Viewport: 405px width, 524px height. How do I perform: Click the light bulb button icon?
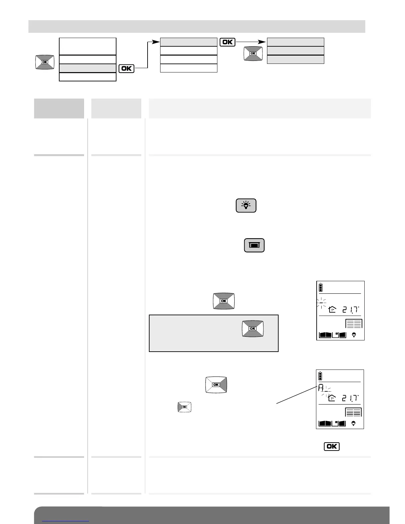point(246,205)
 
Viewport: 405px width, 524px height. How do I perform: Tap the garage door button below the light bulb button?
point(254,245)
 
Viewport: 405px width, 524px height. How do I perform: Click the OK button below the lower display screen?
point(332,446)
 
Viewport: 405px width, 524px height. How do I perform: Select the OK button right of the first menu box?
point(126,68)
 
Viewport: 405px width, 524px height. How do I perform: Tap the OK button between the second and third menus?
point(227,42)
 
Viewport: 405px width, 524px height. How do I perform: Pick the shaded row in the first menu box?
point(88,68)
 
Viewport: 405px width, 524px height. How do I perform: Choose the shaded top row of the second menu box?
point(189,42)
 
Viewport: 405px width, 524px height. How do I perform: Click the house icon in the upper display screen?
point(332,310)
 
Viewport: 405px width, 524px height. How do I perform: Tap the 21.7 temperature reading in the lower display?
point(350,398)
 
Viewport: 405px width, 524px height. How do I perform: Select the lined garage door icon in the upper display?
point(354,323)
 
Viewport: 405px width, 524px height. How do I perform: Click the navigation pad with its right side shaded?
point(216,384)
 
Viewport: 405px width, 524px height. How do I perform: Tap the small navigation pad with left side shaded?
point(185,407)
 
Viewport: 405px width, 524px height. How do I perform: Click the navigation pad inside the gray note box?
point(252,328)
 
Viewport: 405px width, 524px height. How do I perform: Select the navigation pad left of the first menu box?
point(45,62)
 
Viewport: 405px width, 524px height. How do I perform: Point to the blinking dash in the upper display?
point(321,302)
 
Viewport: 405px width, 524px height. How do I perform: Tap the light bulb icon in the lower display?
point(353,423)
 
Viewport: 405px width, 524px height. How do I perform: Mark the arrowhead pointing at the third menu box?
point(262,42)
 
